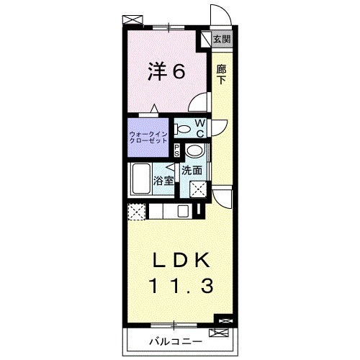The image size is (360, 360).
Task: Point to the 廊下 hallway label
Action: point(222,74)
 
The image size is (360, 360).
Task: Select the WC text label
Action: point(201,127)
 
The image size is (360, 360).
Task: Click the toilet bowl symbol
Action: point(184,130)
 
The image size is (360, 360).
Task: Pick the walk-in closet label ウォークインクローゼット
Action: point(149,138)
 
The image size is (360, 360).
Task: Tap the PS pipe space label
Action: point(178,150)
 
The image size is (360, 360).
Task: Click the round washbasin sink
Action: point(194,152)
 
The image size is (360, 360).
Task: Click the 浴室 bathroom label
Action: point(164,180)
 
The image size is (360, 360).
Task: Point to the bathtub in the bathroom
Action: point(142,178)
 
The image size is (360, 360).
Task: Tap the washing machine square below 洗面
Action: point(199,189)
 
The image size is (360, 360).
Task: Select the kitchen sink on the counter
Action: point(183,211)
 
